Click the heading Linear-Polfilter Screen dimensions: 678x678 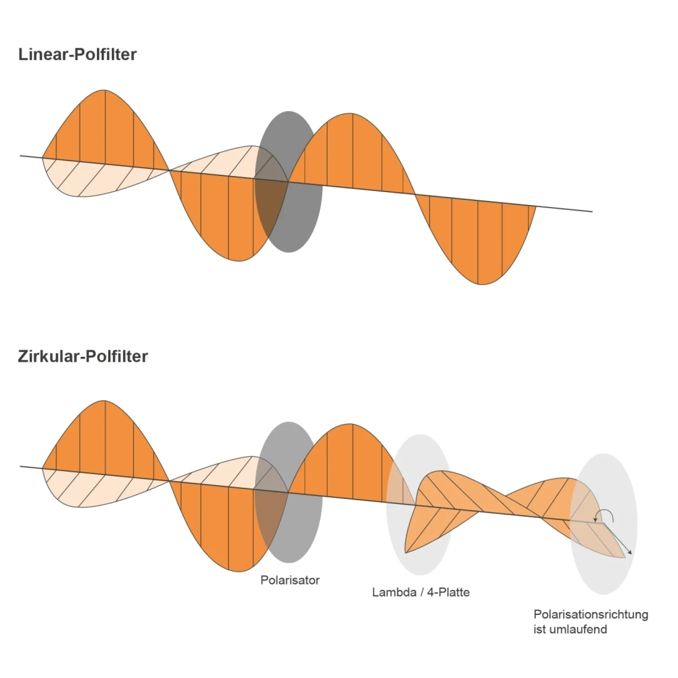[77, 54]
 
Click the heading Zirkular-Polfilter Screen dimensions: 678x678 [83, 356]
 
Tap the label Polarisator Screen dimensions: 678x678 [290, 580]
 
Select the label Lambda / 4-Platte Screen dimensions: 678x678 [421, 592]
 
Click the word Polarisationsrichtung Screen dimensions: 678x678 [591, 615]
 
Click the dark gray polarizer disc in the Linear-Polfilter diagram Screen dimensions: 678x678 [289, 182]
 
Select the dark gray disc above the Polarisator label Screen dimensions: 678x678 [289, 492]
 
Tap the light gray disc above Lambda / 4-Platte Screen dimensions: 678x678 [420, 504]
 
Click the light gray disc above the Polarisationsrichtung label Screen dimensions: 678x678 [604, 524]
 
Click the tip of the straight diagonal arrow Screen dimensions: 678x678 [631, 555]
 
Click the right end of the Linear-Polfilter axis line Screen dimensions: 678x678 [592, 212]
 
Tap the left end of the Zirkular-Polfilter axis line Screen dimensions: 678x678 [20, 466]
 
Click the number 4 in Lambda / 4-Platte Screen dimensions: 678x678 [430, 592]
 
